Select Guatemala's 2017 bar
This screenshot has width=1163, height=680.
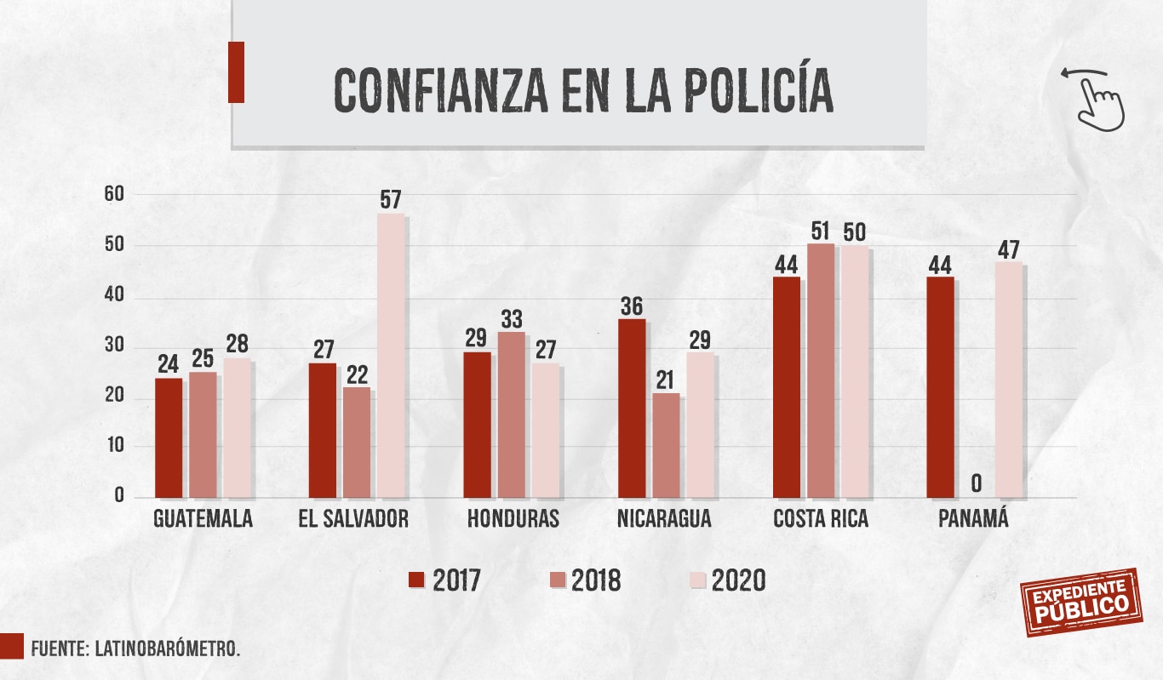169,437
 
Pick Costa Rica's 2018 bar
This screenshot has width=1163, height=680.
821,370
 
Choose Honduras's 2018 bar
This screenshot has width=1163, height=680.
512,414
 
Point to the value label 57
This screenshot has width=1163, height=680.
391,201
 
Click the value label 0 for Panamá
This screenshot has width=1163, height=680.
976,483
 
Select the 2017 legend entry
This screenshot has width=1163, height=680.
445,580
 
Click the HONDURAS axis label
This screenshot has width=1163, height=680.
513,519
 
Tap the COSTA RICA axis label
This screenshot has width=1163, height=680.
821,519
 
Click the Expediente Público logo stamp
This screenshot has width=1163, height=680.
1080,603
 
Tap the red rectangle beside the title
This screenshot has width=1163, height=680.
236,72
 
